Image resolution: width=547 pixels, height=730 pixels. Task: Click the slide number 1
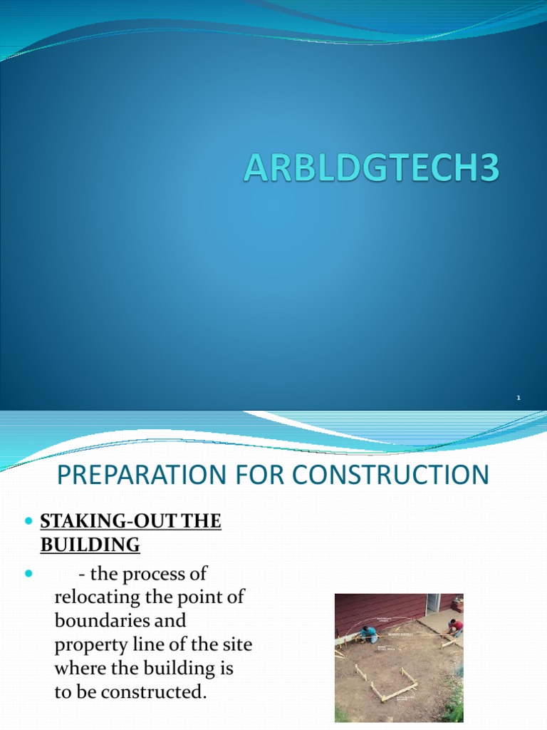519,398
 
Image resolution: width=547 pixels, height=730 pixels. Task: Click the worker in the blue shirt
368,633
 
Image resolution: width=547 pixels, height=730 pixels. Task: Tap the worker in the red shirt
454,627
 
